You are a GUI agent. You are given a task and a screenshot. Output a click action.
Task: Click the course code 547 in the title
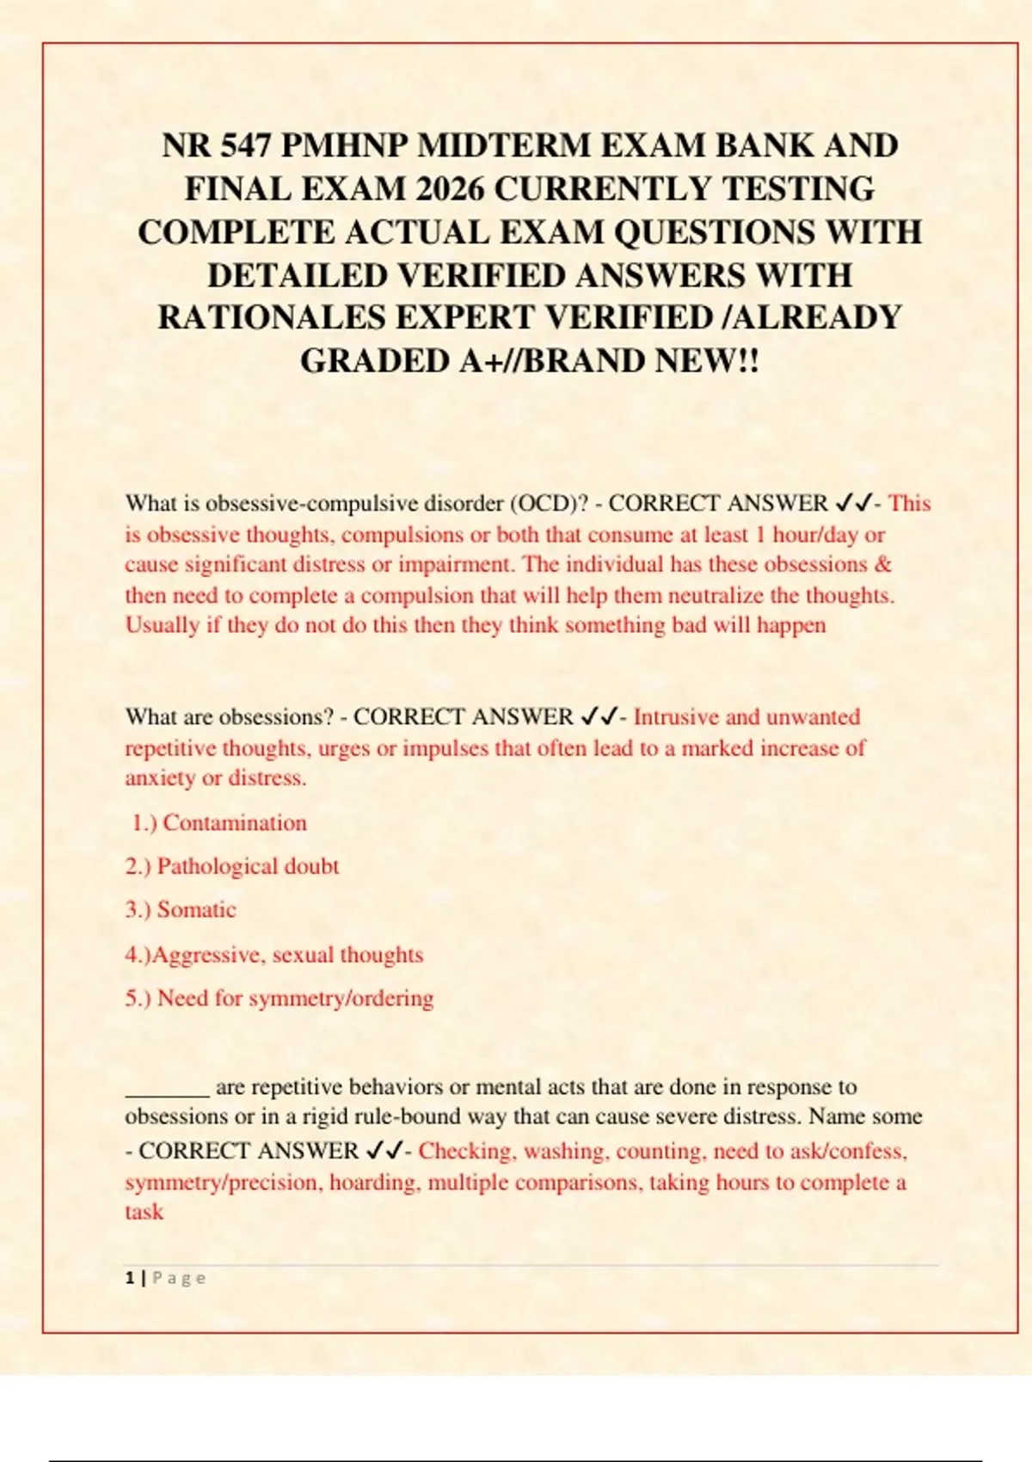click(x=246, y=146)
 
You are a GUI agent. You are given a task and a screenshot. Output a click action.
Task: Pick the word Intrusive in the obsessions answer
click(x=675, y=717)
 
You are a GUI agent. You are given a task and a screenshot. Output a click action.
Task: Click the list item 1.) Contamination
click(x=219, y=823)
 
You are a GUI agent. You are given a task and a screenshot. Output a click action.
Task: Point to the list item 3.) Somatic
click(x=181, y=910)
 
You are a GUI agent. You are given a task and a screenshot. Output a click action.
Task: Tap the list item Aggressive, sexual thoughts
click(x=274, y=955)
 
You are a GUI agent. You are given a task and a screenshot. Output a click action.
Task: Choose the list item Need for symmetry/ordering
click(x=279, y=998)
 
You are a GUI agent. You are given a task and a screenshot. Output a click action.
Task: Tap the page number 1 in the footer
click(x=130, y=1278)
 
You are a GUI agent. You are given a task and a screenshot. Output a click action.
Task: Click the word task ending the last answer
click(x=144, y=1213)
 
